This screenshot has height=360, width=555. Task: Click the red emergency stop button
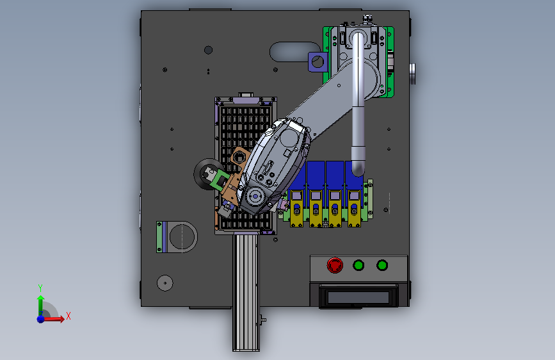point(335,265)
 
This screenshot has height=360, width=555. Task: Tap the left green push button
point(358,265)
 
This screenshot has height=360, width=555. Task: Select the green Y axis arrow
point(41,306)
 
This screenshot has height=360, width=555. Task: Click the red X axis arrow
point(53,319)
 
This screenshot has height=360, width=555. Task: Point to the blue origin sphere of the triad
point(41,319)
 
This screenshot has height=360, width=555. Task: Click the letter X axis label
point(68,316)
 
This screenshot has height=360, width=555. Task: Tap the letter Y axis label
point(40,288)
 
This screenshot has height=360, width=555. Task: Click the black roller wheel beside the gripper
point(207,174)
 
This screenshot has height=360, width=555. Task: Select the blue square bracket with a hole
point(317,61)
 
